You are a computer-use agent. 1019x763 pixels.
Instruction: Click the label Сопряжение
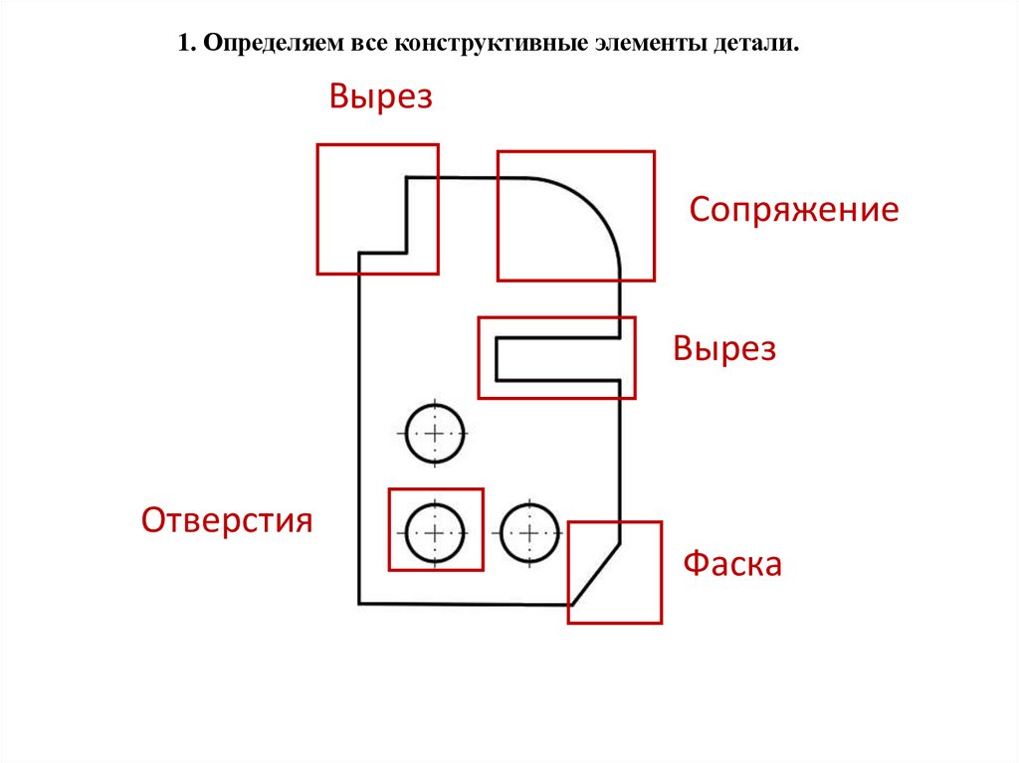(x=794, y=211)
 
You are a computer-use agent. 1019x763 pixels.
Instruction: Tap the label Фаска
(x=731, y=565)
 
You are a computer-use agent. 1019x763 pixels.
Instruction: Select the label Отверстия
(x=227, y=520)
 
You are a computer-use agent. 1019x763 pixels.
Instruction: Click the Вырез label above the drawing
(x=381, y=97)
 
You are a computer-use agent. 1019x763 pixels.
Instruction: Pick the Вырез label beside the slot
(x=723, y=349)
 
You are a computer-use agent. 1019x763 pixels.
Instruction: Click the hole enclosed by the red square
(x=435, y=532)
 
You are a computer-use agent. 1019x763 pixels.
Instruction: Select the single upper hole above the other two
(x=435, y=434)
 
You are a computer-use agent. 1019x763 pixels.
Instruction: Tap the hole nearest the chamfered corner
(x=528, y=533)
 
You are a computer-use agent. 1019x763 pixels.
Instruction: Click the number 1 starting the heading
(x=184, y=45)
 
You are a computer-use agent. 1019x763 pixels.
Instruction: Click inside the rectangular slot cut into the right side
(x=557, y=358)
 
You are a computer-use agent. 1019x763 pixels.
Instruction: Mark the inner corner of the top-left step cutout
(x=407, y=253)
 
